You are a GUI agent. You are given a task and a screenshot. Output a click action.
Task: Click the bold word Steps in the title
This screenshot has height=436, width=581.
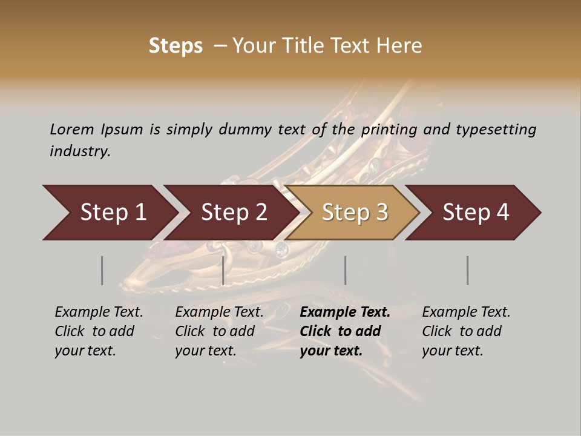click(x=176, y=46)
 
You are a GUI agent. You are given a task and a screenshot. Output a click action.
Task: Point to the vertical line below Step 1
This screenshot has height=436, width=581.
click(x=102, y=270)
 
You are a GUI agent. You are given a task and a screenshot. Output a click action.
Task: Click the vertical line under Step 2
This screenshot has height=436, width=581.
click(x=223, y=270)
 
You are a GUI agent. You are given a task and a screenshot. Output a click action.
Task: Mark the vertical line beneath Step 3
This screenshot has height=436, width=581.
click(x=345, y=270)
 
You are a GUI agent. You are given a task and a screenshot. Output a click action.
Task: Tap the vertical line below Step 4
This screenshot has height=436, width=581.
click(x=467, y=270)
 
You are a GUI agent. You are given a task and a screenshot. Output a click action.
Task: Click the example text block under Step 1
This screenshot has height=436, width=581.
click(x=99, y=331)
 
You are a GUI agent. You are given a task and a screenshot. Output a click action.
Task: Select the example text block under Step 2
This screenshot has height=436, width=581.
click(x=219, y=331)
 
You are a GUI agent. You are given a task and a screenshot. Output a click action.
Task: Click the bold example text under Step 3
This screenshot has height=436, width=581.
click(x=345, y=331)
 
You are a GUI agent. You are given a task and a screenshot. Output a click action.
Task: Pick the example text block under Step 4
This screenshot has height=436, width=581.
click(x=466, y=331)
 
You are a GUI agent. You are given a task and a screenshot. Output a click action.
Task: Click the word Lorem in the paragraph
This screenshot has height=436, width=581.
click(x=72, y=129)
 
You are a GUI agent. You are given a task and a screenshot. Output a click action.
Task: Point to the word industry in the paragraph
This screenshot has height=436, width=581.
click(x=80, y=151)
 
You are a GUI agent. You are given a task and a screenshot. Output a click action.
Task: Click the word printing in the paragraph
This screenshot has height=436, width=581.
click(x=390, y=129)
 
